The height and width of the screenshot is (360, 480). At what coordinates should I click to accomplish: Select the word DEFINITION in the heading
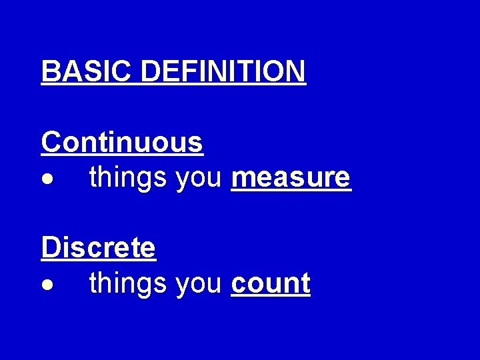tap(223, 71)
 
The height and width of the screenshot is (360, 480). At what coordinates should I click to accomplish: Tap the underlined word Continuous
tap(122, 142)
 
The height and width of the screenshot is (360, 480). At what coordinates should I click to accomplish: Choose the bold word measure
tap(291, 178)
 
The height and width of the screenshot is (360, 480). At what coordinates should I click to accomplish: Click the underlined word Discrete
tap(98, 247)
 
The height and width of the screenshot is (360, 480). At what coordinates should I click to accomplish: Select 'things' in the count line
tap(128, 284)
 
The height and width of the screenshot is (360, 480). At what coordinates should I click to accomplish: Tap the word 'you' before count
tap(199, 284)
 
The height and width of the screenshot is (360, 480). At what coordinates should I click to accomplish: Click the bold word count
tap(271, 284)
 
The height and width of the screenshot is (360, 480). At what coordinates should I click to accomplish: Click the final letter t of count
tap(305, 284)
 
